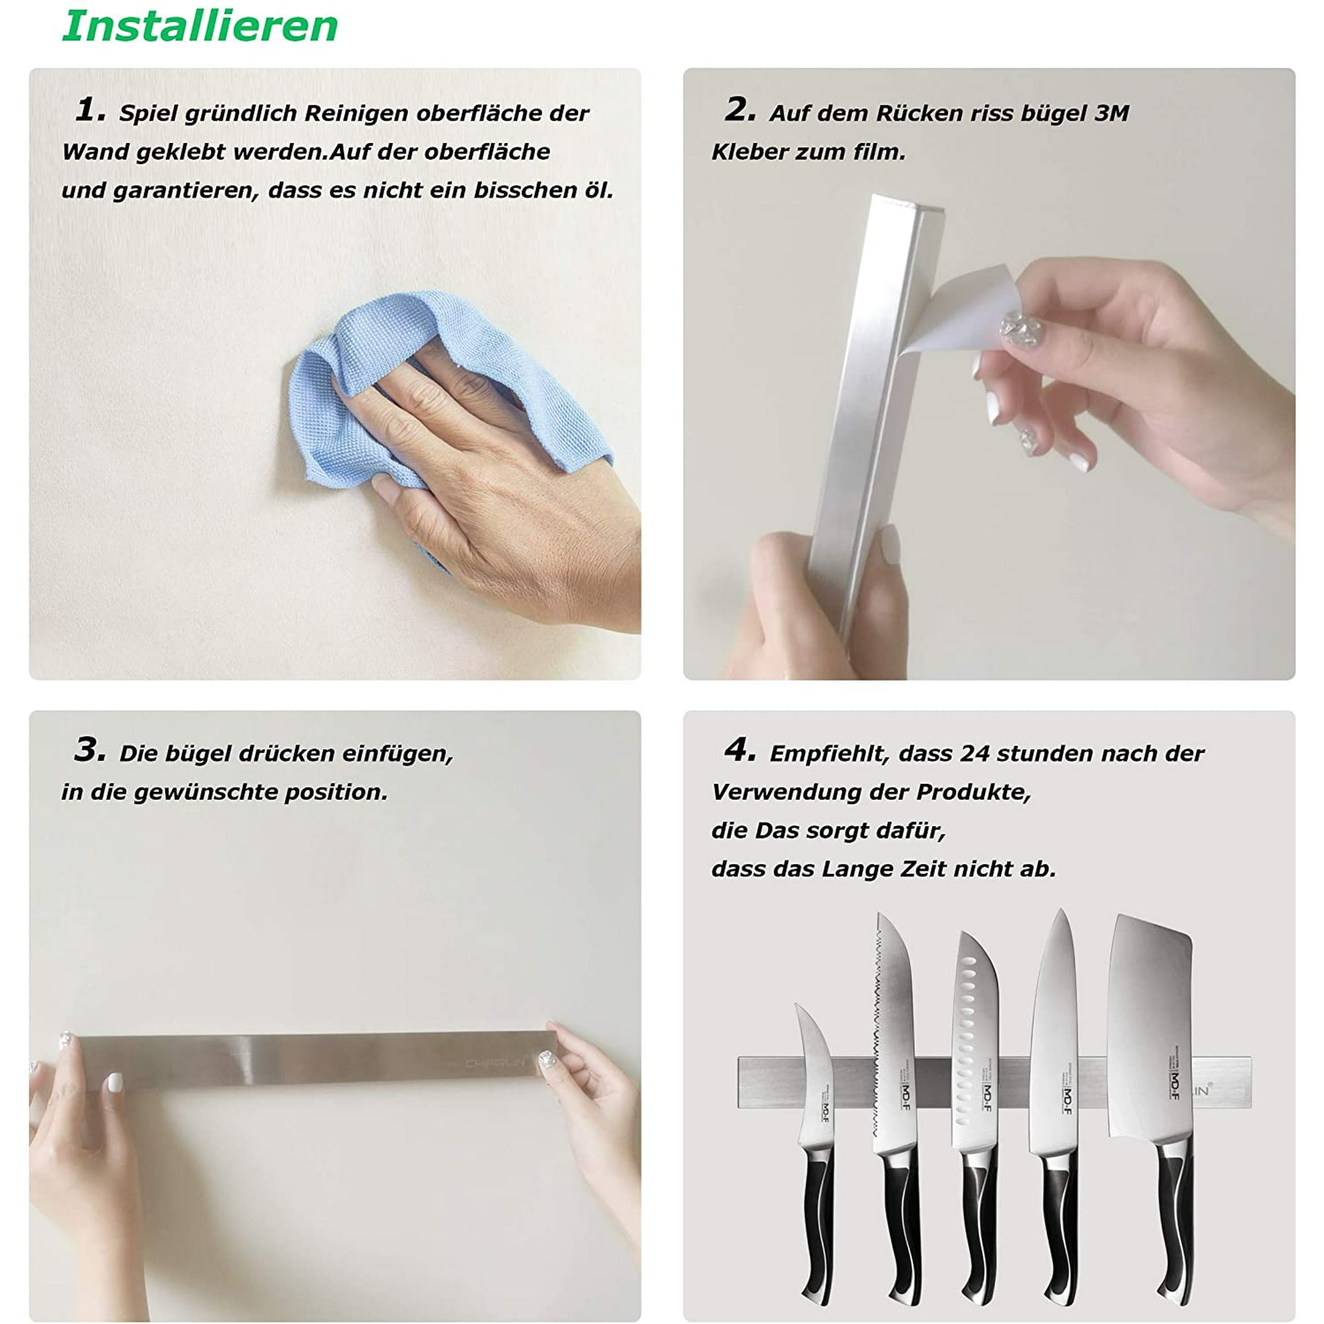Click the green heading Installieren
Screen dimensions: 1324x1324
tap(200, 26)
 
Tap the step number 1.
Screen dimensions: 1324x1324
tap(90, 110)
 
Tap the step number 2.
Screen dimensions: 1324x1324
tap(739, 110)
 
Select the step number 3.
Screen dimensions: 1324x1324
tap(90, 750)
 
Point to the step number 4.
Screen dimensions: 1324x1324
tap(739, 750)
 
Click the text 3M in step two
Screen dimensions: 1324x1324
tap(1111, 113)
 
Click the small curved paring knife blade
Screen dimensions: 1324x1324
tap(814, 1069)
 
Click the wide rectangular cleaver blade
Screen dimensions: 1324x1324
tap(1149, 1028)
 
